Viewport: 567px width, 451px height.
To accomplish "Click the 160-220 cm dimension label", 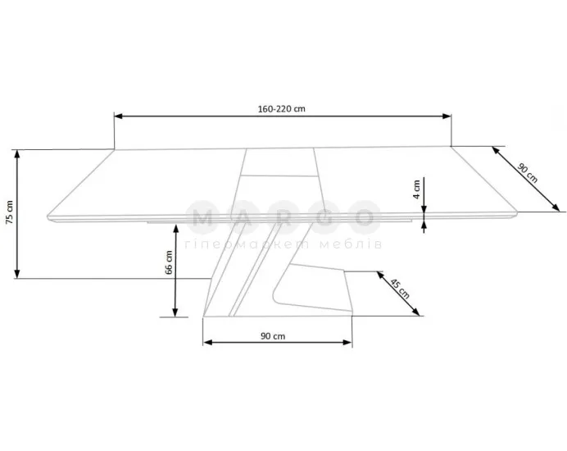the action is pos(281,108).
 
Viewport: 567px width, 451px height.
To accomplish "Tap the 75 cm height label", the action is pos(9,212).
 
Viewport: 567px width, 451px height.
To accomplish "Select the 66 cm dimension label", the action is pos(169,262).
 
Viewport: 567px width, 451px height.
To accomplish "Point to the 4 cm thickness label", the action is pos(416,189).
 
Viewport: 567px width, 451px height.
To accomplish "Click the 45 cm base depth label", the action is pos(400,289).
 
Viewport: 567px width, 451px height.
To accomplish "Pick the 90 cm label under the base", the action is pos(273,336).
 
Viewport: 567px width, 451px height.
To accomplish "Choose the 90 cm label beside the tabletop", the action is pos(527,173).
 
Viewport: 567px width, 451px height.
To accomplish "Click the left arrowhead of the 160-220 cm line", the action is pos(118,116).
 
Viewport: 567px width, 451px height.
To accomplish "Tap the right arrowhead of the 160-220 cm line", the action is pos(447,116).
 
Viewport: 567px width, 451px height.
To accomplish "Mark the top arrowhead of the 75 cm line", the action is pos(17,154).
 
